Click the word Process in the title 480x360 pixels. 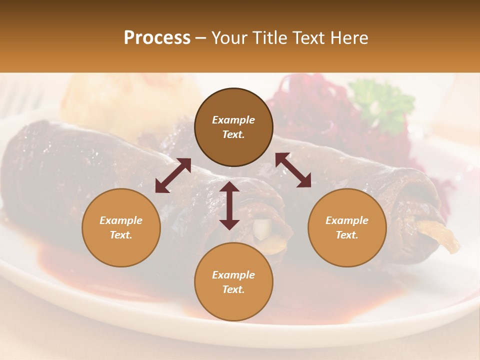[157, 38]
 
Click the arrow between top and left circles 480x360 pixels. [173, 175]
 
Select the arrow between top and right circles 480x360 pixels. [293, 170]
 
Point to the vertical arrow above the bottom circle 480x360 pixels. [229, 205]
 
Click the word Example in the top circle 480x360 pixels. [233, 120]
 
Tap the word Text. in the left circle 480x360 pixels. [121, 235]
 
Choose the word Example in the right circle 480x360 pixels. [347, 220]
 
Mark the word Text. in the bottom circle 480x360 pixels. [233, 289]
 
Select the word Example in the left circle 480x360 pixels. [121, 220]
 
